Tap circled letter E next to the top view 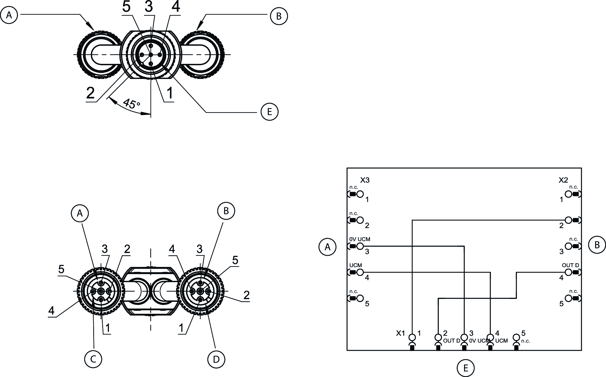click(269, 112)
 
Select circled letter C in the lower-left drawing click(93, 359)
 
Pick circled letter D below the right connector click(216, 360)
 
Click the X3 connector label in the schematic click(365, 180)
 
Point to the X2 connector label click(563, 180)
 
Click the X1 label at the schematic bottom click(400, 333)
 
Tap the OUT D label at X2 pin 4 click(570, 265)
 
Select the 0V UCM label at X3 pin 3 click(360, 239)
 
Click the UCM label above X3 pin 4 click(355, 265)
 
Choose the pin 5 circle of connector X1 click(516, 337)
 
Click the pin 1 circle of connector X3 click(360, 194)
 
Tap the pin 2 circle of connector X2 click(568, 220)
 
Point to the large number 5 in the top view click(126, 7)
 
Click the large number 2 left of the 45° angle click(91, 93)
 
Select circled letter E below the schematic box click(465, 368)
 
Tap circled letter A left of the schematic click(328, 247)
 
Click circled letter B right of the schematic click(597, 245)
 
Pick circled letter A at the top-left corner click(9, 15)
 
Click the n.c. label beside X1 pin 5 click(526, 341)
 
